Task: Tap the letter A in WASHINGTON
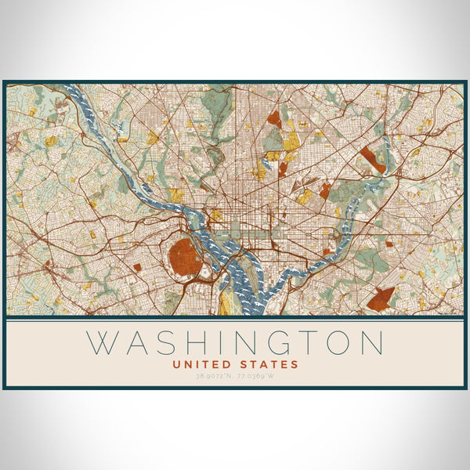(137, 343)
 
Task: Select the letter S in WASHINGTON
(167, 343)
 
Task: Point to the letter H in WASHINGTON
(196, 343)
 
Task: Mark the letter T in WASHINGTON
(305, 343)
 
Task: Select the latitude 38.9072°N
(214, 376)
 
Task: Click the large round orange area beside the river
(185, 256)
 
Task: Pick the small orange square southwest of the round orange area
(137, 267)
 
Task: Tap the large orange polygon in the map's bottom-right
(381, 298)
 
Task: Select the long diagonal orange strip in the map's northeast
(373, 160)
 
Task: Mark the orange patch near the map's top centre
(273, 119)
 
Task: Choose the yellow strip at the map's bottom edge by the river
(226, 302)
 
